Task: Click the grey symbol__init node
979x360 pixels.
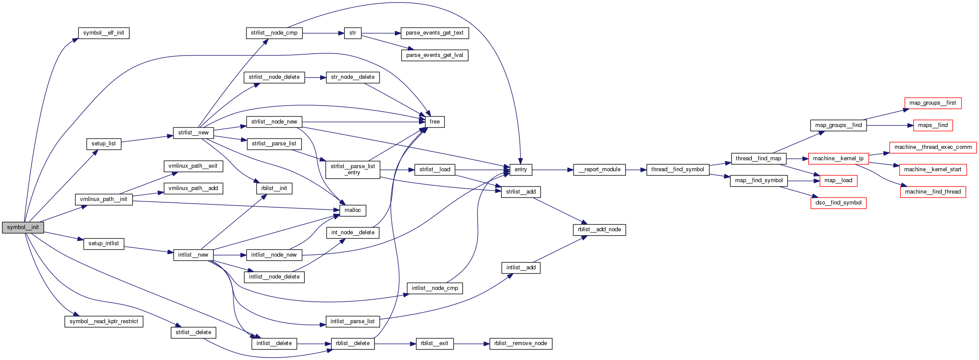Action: [x=23, y=227]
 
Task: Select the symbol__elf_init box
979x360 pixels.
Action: [x=104, y=33]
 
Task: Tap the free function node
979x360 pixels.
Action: [x=435, y=122]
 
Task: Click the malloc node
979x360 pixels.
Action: [x=352, y=210]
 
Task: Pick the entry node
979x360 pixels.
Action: [x=521, y=169]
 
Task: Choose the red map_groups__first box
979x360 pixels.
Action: [x=933, y=103]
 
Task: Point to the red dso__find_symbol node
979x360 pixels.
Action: [x=838, y=203]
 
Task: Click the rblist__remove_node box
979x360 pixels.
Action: [x=521, y=343]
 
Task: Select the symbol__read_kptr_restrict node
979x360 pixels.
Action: [x=104, y=321]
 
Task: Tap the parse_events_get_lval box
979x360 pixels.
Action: [x=435, y=55]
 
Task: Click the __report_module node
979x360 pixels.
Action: [x=599, y=169]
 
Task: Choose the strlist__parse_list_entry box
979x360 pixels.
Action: [x=353, y=169]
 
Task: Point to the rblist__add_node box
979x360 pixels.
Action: [x=599, y=229]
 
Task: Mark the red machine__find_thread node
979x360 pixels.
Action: [x=933, y=192]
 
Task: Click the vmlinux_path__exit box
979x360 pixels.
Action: [x=193, y=166]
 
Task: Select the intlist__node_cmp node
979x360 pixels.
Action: [x=435, y=288]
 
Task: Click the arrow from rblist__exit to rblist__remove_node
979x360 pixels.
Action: [x=471, y=344]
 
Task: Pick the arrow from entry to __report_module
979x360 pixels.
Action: [x=553, y=169]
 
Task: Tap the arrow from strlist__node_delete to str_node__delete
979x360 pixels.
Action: [x=315, y=78]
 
